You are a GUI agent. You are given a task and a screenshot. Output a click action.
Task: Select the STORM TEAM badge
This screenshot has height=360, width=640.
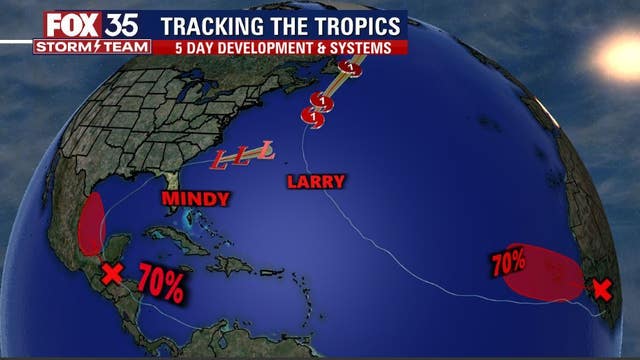click(92, 46)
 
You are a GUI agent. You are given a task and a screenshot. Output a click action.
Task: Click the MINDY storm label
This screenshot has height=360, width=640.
click(196, 199)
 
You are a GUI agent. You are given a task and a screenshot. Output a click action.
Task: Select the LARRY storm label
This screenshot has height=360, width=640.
click(315, 182)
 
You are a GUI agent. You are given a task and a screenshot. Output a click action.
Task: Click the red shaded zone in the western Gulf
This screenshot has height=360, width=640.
click(91, 224)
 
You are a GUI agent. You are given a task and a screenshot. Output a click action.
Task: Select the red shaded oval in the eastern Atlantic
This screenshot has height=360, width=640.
click(540, 271)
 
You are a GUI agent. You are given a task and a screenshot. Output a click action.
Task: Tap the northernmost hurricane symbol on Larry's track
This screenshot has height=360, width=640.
click(349, 67)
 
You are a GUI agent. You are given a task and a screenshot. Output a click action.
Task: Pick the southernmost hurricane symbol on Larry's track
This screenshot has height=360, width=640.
click(314, 119)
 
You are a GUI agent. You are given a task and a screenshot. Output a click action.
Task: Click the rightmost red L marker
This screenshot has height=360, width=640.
click(265, 153)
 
